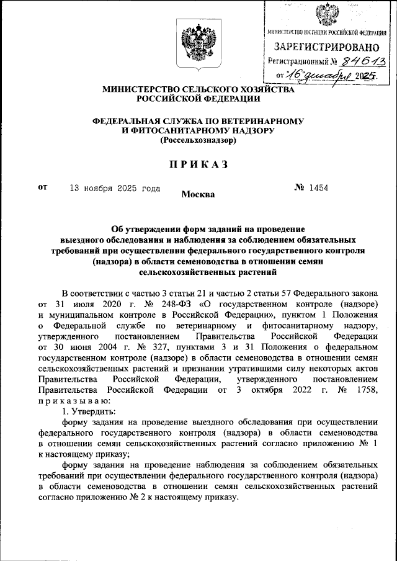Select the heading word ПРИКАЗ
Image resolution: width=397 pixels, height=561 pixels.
tap(198, 164)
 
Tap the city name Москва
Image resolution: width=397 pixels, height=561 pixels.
tap(198, 195)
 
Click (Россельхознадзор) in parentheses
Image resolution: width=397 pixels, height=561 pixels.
tap(198, 140)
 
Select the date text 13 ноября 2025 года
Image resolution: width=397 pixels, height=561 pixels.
tap(115, 188)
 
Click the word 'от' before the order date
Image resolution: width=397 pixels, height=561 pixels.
tap(43, 187)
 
